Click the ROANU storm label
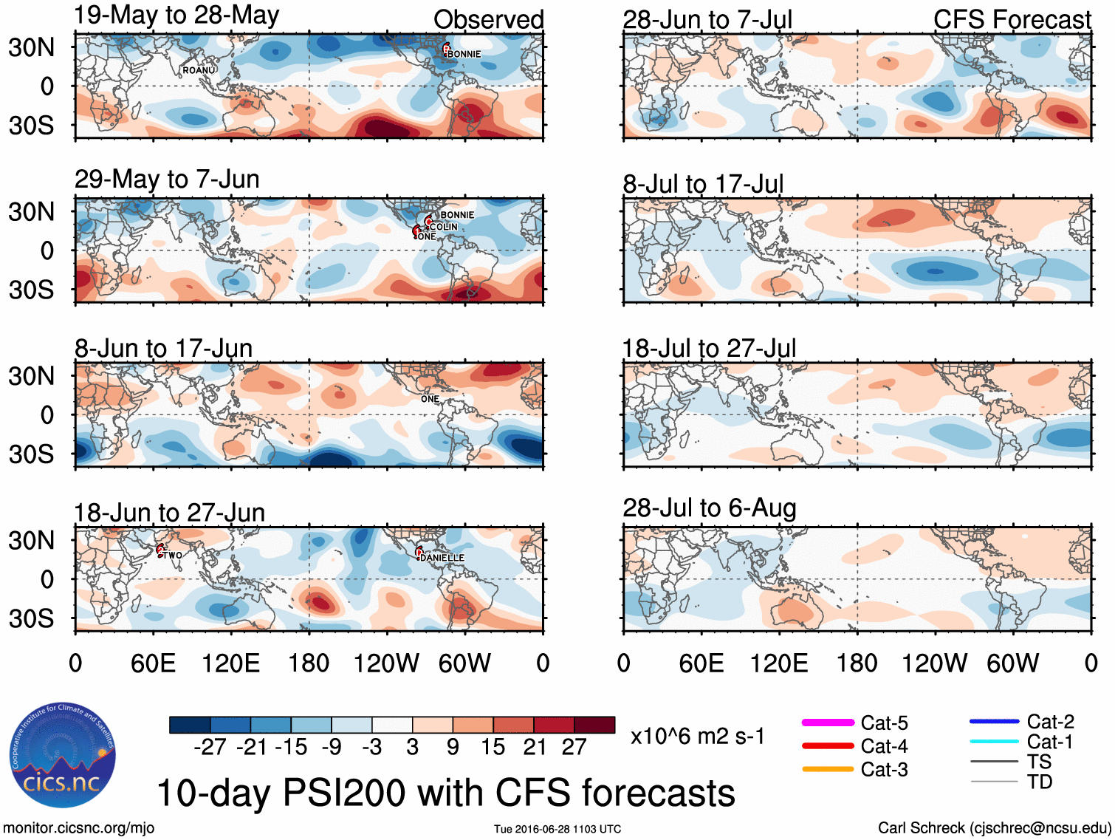tap(199, 70)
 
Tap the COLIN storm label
tap(444, 227)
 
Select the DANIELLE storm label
tap(442, 558)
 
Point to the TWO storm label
tap(173, 555)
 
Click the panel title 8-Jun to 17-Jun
tap(163, 348)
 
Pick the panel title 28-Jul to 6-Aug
tap(710, 508)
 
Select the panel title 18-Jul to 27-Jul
tap(709, 348)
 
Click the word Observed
tap(488, 20)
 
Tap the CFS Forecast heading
tap(1012, 20)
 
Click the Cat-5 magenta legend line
tap(828, 723)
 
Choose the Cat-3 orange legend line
tap(828, 769)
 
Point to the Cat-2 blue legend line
tap(994, 722)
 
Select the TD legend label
tap(1040, 782)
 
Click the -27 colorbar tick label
tap(210, 747)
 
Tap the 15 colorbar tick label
tap(493, 747)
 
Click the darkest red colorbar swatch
tap(594, 725)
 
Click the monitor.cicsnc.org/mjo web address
tap(78, 828)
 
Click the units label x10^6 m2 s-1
tap(697, 737)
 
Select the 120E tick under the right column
tap(779, 663)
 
